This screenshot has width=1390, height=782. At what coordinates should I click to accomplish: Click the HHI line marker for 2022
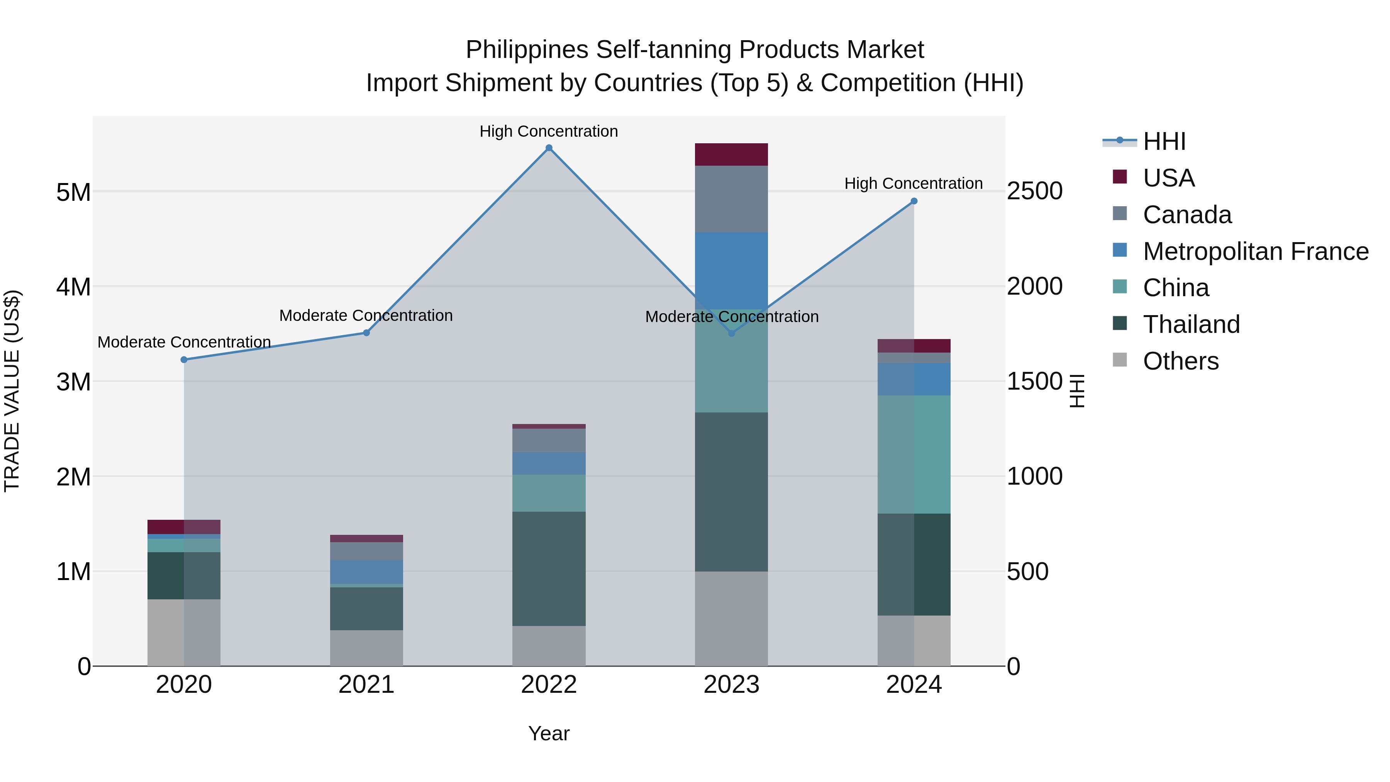coord(549,148)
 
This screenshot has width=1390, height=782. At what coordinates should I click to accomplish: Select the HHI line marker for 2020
coord(184,360)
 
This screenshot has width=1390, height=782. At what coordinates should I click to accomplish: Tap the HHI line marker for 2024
coord(914,201)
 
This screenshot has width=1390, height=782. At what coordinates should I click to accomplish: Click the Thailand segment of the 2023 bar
coord(731,491)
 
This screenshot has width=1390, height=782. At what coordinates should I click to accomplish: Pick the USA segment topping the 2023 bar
coord(731,154)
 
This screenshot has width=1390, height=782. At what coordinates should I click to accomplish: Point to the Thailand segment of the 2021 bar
coord(366,608)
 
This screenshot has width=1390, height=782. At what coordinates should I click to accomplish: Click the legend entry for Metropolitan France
coord(1255,251)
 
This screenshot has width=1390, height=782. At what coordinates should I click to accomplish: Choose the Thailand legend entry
coord(1191,324)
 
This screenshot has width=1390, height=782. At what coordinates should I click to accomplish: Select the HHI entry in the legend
coord(1164,141)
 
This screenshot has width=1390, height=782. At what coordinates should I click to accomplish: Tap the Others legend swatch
coord(1120,360)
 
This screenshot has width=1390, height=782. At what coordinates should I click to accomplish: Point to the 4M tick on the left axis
coord(73,287)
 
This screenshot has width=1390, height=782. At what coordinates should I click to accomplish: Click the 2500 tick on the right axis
coord(1034,192)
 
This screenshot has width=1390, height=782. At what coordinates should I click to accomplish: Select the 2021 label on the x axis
coord(366,685)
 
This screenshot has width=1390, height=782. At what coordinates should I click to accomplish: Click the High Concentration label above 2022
coord(549,131)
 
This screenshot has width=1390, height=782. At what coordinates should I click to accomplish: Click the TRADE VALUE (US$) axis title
coord(12,391)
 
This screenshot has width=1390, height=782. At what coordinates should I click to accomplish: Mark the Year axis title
coord(549,733)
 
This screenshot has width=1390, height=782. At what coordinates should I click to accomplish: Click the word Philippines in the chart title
coord(527,50)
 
